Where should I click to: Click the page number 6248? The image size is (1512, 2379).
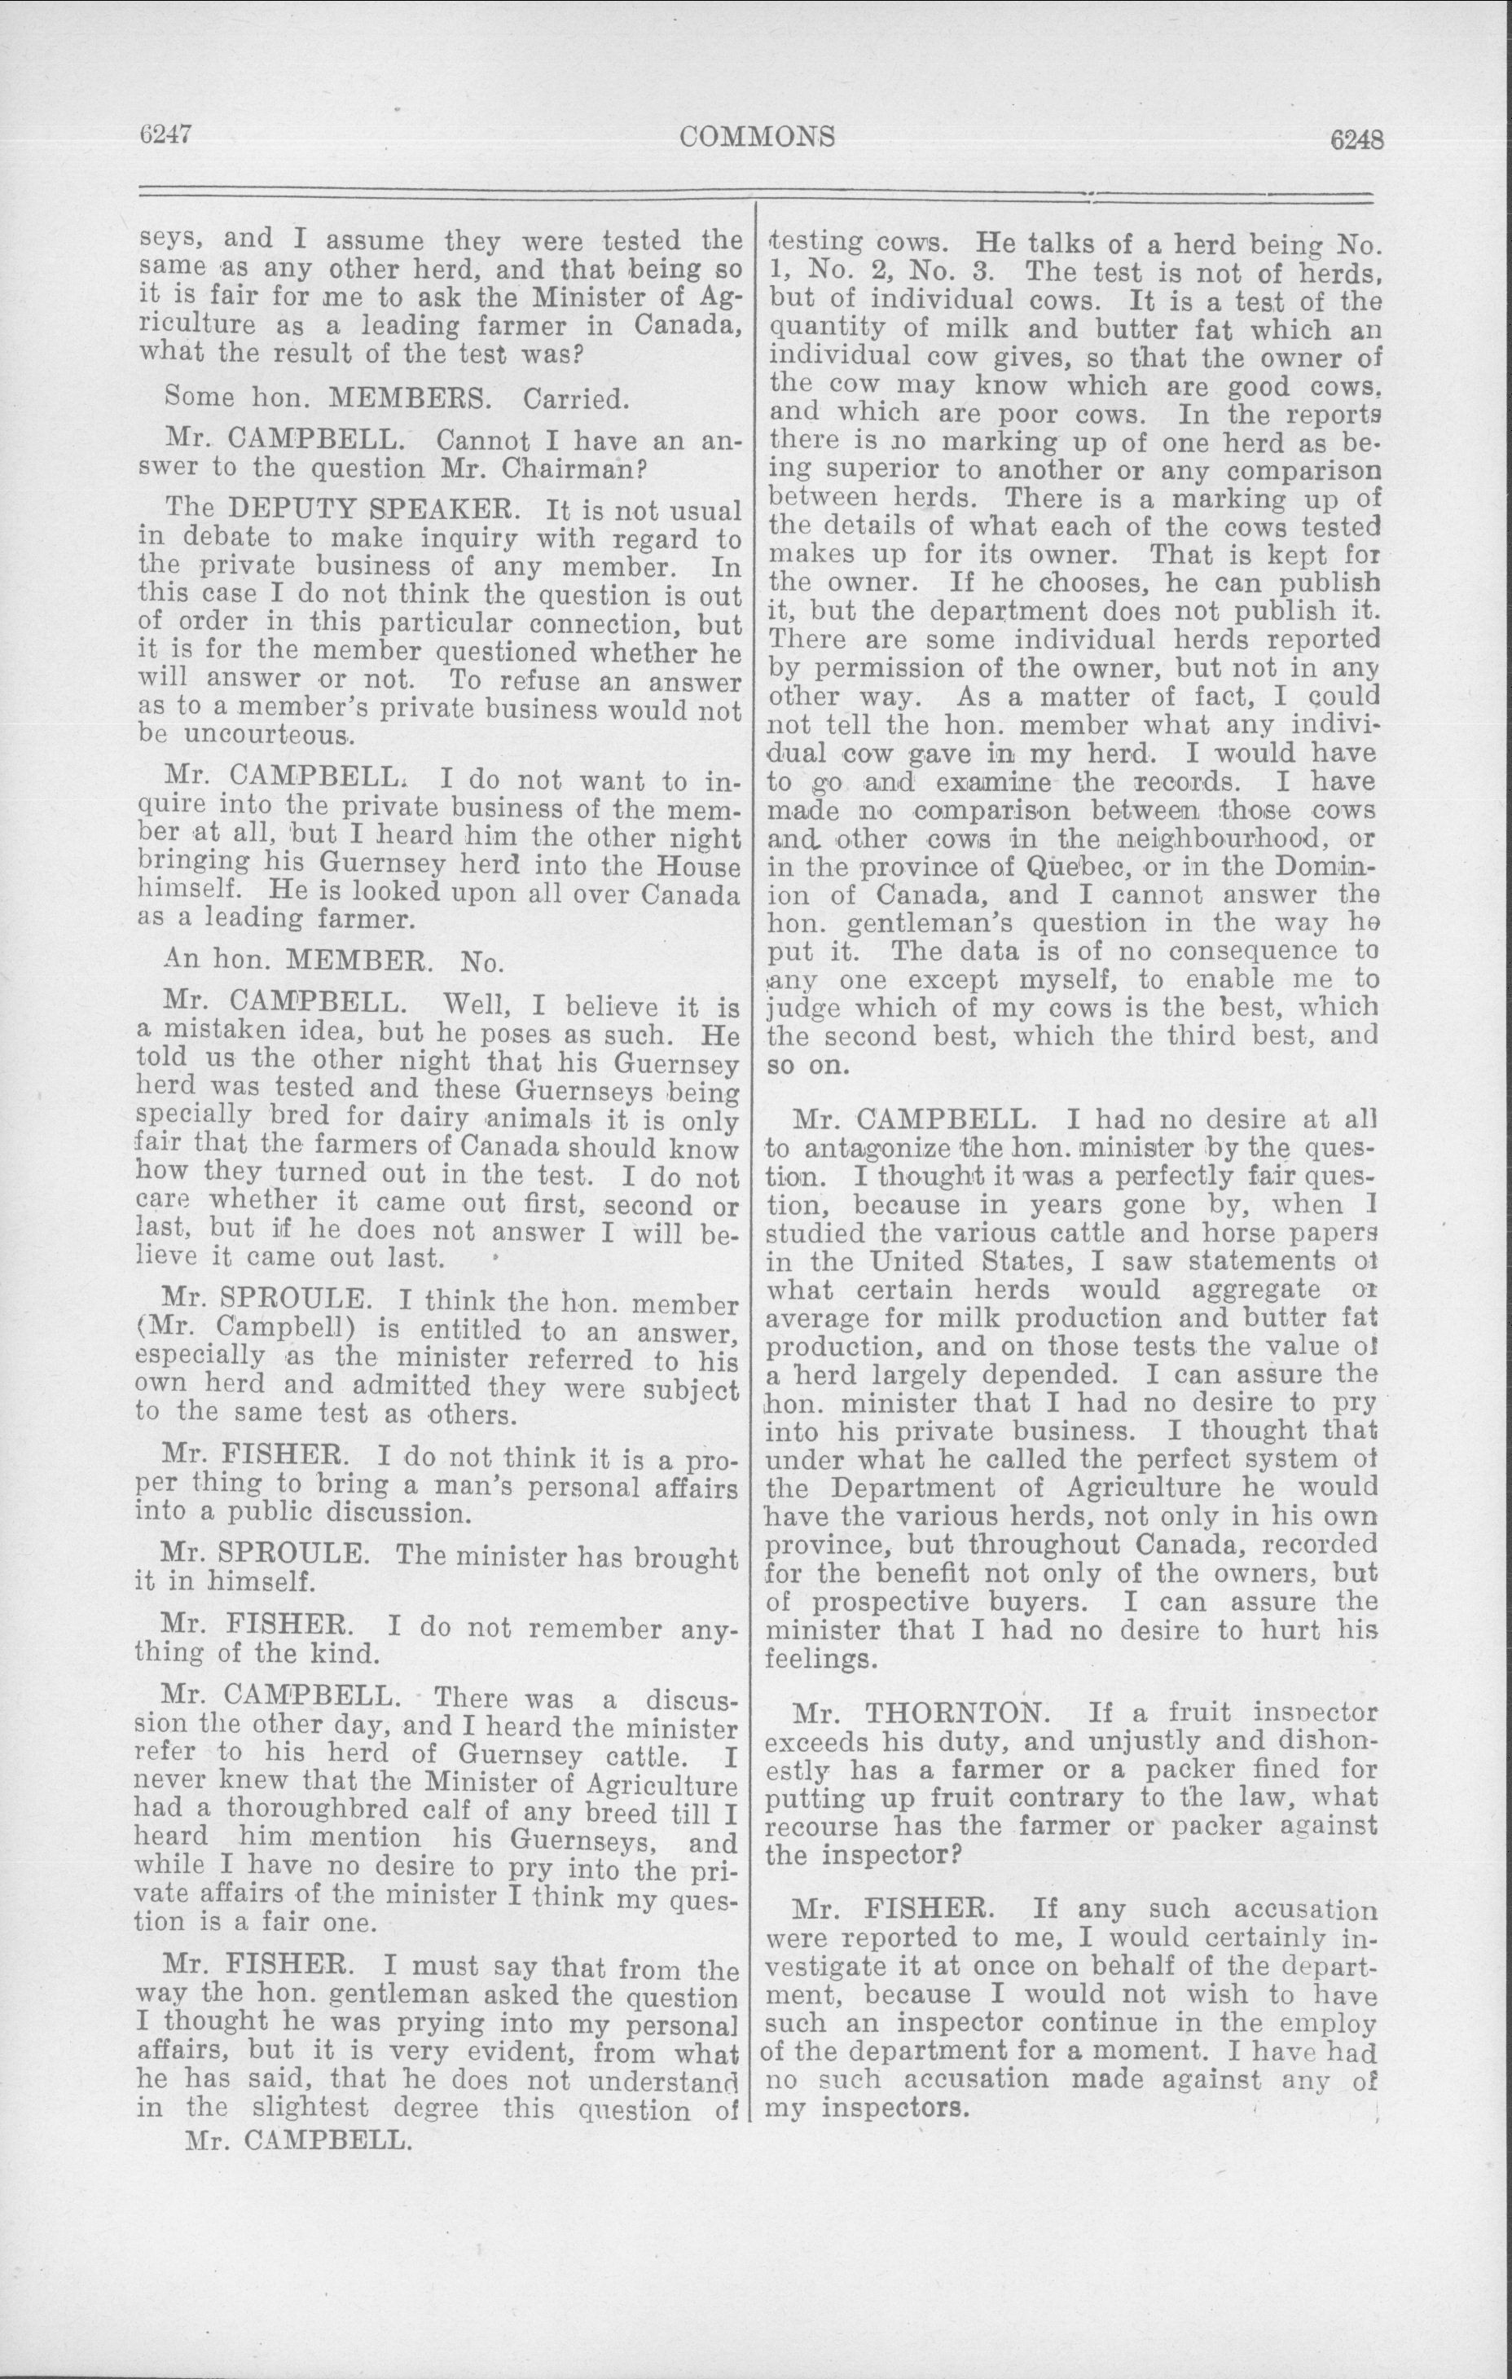(1357, 140)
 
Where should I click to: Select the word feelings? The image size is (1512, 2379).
(820, 1659)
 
